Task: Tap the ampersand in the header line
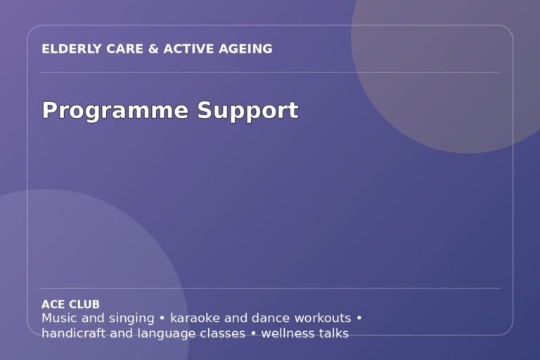(153, 49)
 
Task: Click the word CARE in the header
(124, 49)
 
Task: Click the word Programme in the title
(115, 111)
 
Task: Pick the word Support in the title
(247, 111)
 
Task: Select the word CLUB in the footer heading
(85, 304)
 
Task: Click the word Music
(59, 318)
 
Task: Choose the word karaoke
(195, 318)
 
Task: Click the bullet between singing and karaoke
(162, 319)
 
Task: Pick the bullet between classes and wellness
(253, 334)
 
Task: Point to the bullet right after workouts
(359, 319)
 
